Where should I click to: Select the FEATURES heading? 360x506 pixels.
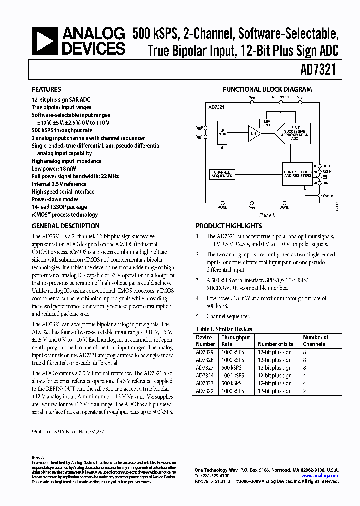click(47, 90)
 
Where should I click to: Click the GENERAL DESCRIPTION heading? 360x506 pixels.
click(65, 226)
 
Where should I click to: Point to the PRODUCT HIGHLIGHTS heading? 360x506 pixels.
click(229, 226)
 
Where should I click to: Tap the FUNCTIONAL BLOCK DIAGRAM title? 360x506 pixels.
click(267, 89)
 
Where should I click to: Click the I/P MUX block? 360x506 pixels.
click(222, 132)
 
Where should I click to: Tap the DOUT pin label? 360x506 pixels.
click(327, 166)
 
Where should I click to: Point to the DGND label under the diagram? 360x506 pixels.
click(284, 206)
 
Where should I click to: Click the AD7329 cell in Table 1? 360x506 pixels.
click(205, 352)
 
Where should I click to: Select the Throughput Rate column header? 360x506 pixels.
click(236, 341)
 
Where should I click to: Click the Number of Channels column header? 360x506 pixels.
click(316, 341)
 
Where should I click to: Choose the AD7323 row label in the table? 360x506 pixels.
click(205, 383)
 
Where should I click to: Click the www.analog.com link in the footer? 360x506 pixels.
click(321, 476)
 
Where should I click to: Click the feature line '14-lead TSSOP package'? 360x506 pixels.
click(59, 207)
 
